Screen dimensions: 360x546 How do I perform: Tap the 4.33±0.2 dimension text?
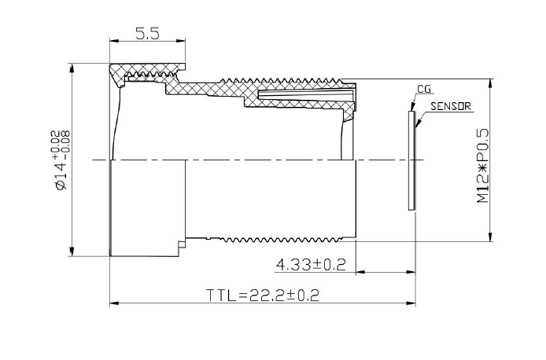tap(311, 265)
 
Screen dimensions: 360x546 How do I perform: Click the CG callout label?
tap(424, 90)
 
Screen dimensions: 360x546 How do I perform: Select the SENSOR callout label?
tap(451, 106)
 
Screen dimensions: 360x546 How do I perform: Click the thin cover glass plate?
tap(412, 160)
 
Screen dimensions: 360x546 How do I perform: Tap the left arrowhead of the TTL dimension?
tap(113, 303)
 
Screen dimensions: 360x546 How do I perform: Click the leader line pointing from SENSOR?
tap(422, 118)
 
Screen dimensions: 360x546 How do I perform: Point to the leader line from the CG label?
tap(412, 101)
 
